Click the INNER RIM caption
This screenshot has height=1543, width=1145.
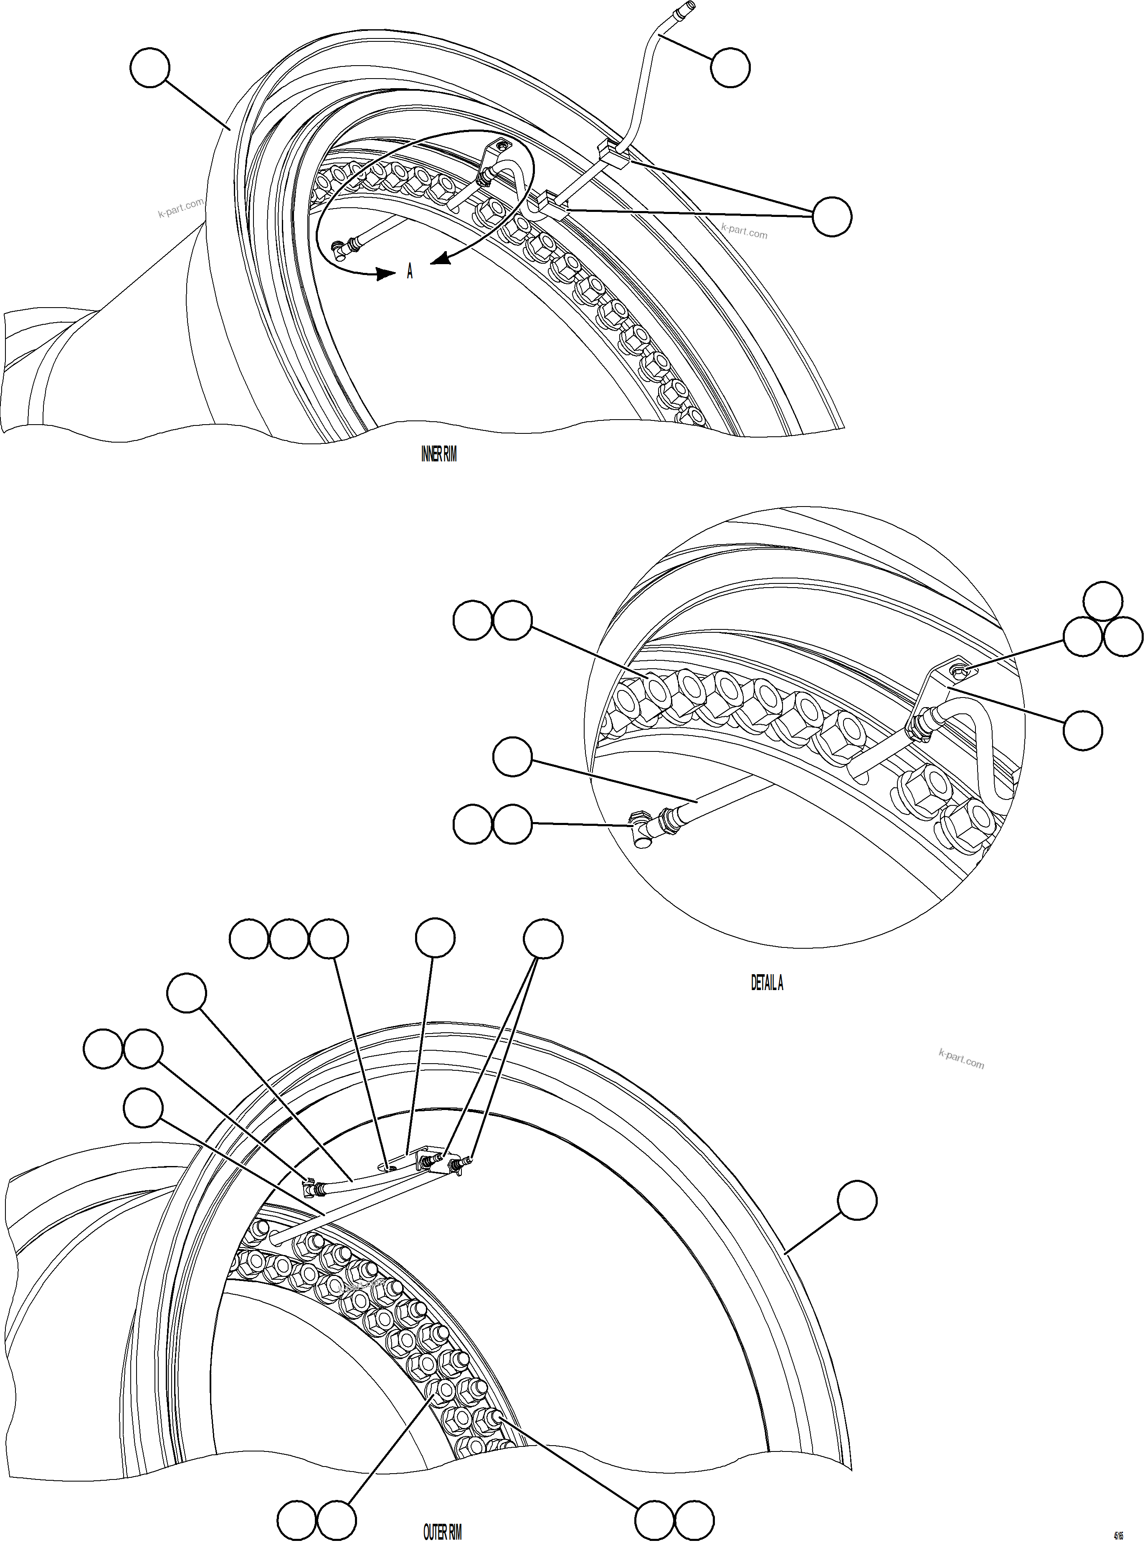click(x=439, y=455)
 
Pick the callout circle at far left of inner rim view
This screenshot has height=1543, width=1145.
click(x=150, y=67)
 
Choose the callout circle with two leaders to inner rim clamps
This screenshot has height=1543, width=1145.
click(x=832, y=216)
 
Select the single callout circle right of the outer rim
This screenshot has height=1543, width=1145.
click(x=857, y=1200)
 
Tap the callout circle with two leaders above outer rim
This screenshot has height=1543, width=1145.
click(x=543, y=939)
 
